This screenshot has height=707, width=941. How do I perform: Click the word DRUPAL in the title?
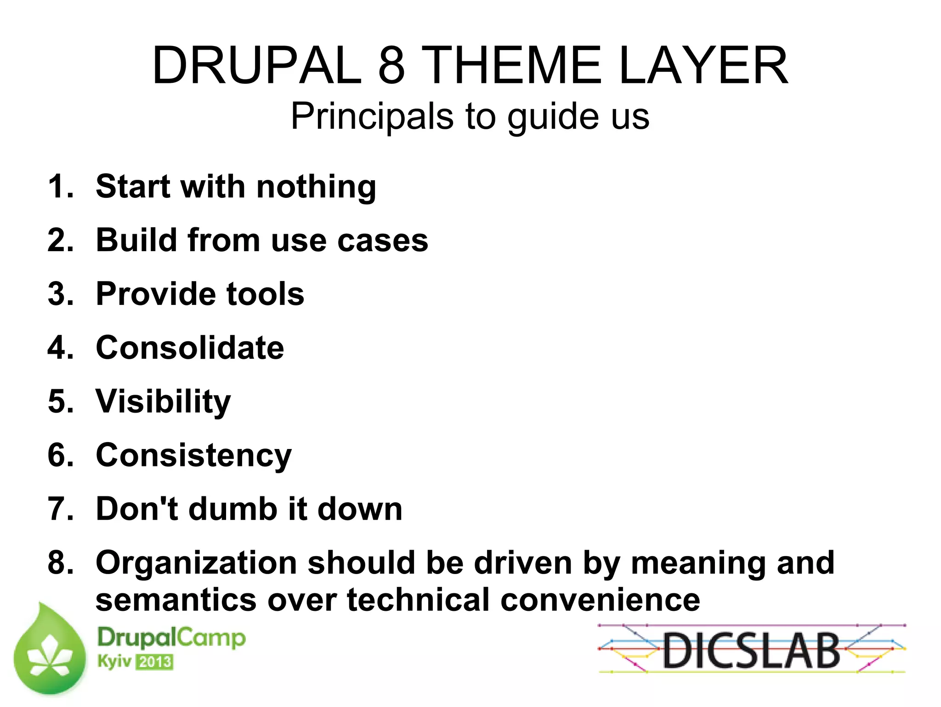point(257,66)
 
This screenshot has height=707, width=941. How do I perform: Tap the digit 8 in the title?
point(391,66)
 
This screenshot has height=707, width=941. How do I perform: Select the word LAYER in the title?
point(703,66)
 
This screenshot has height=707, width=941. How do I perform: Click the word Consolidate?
point(190,348)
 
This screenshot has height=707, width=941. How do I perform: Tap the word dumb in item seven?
point(232,509)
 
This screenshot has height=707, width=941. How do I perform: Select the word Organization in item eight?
point(196,563)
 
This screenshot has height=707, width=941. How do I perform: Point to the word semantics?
point(176,600)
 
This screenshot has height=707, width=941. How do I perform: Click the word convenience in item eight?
point(600,600)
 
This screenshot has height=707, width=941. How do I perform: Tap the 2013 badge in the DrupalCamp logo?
point(155,662)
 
